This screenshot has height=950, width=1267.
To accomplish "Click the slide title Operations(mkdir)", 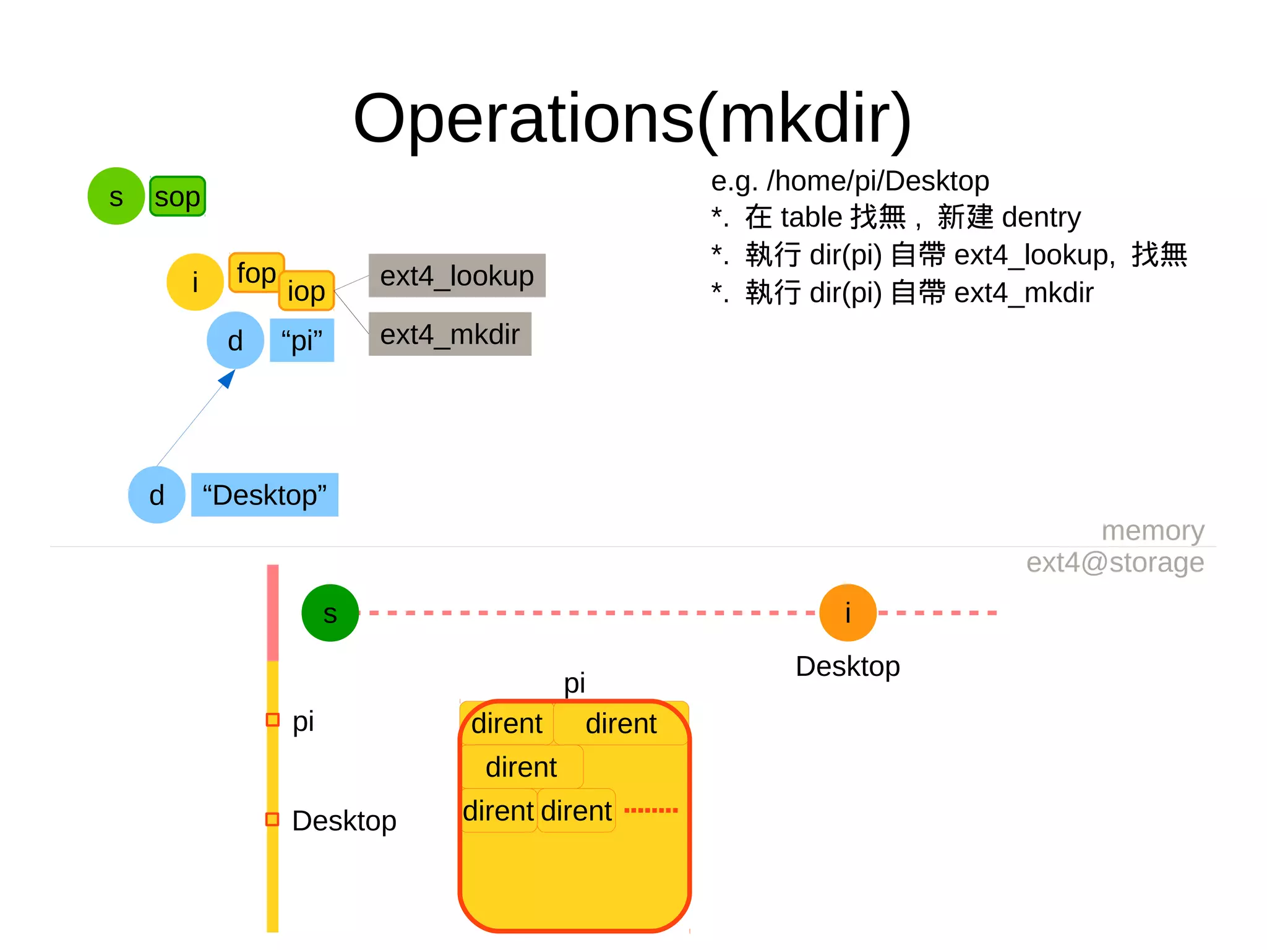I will pyautogui.click(x=632, y=118).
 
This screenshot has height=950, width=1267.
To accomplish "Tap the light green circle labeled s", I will pyautogui.click(x=116, y=196).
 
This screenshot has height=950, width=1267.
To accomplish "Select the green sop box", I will pyautogui.click(x=178, y=197).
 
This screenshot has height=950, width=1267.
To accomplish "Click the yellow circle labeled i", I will pyautogui.click(x=195, y=282).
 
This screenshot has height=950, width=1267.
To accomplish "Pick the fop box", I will pyautogui.click(x=255, y=272).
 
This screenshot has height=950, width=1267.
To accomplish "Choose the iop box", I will pyautogui.click(x=307, y=291).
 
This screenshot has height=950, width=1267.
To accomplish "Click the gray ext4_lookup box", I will pyautogui.click(x=457, y=275).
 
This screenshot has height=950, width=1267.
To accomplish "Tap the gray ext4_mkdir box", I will pyautogui.click(x=450, y=334).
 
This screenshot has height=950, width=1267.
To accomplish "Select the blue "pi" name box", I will pyautogui.click(x=302, y=340).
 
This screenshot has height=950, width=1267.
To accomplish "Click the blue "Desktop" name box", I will pyautogui.click(x=264, y=495).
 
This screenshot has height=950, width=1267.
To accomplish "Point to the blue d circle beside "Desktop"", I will pyautogui.click(x=157, y=495).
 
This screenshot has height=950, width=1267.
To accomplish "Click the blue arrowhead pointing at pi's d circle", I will pyautogui.click(x=228, y=378).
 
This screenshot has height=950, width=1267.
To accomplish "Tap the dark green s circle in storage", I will pyautogui.click(x=330, y=613).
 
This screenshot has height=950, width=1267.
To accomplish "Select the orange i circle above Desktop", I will pyautogui.click(x=848, y=613).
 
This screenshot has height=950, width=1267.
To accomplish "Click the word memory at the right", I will pyautogui.click(x=1153, y=530).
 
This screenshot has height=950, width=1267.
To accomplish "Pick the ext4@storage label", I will pyautogui.click(x=1115, y=563).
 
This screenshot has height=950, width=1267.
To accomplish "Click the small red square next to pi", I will pyautogui.click(x=272, y=720).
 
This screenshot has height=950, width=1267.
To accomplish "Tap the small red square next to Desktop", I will pyautogui.click(x=272, y=819).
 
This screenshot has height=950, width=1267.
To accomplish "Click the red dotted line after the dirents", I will pyautogui.click(x=651, y=810).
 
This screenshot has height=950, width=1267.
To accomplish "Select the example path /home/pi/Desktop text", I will pyautogui.click(x=850, y=181).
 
